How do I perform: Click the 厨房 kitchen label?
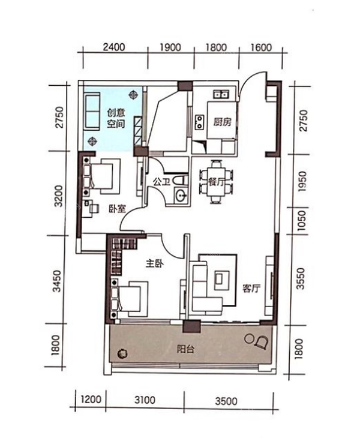click(x=223, y=122)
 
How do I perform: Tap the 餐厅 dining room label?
click(x=217, y=182)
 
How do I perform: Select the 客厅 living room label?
click(x=251, y=288)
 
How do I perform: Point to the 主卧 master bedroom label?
click(x=154, y=263)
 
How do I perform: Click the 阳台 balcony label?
click(x=185, y=349)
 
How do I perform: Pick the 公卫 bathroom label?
click(x=162, y=182)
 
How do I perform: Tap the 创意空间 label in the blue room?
click(x=116, y=118)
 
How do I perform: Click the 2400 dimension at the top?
click(x=113, y=47)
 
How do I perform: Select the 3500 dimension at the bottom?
click(x=226, y=401)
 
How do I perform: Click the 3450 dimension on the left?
click(x=56, y=281)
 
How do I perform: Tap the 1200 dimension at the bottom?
click(x=91, y=400)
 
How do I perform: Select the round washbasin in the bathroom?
click(x=181, y=195)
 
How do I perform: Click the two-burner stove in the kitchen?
click(x=199, y=122)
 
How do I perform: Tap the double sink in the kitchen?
click(x=221, y=94)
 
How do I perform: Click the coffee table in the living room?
click(x=221, y=280)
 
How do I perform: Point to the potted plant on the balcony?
click(x=122, y=354)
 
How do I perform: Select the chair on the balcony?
click(x=262, y=342)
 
